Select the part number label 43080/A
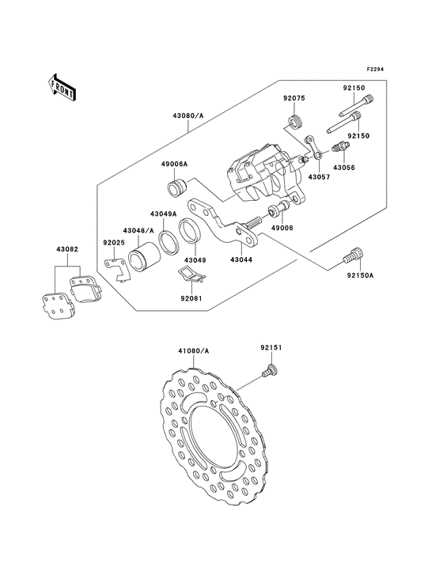[x=188, y=115]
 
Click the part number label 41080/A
[x=193, y=350]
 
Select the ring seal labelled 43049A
[x=169, y=242]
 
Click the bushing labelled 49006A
[x=177, y=187]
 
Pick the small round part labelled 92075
[x=294, y=123]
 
